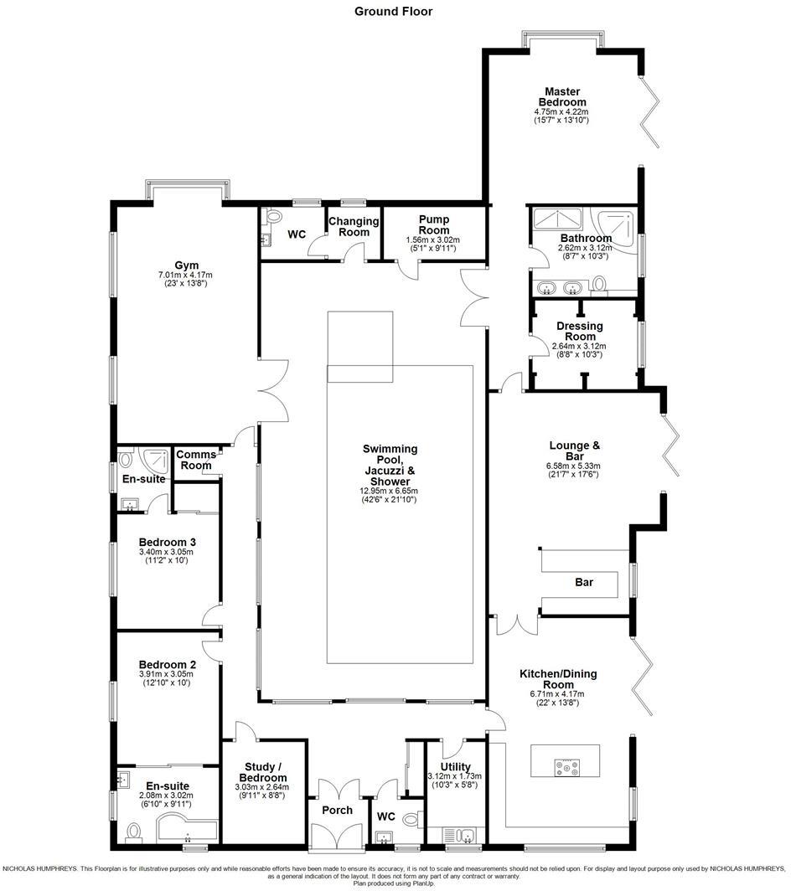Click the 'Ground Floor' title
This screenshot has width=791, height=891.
[x=393, y=11]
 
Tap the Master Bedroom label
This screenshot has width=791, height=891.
[x=561, y=96]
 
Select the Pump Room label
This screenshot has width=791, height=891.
[x=434, y=225]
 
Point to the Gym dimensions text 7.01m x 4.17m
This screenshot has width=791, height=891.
[x=186, y=275]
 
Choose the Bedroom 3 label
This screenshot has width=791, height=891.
[x=166, y=541]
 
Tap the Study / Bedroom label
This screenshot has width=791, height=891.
[x=263, y=772]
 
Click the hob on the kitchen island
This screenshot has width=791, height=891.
[x=561, y=765]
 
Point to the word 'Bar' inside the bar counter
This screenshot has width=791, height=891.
[x=584, y=582]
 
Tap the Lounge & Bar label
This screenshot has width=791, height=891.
[x=574, y=451]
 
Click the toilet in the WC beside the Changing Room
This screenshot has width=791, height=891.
[x=270, y=217]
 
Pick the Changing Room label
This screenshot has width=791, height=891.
[x=353, y=226]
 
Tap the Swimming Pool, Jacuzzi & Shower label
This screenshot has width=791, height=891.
[x=390, y=465]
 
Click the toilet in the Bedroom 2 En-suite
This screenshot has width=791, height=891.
[x=133, y=832]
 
